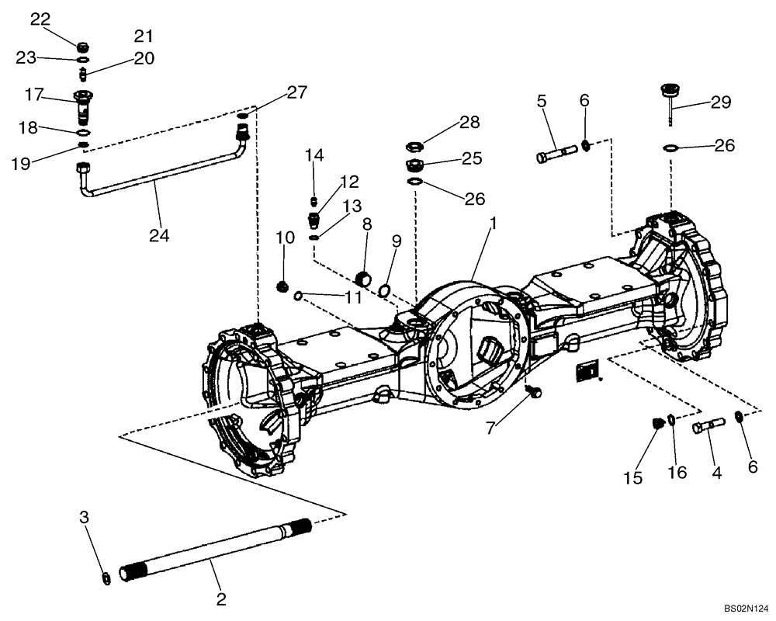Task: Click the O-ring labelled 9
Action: tap(383, 290)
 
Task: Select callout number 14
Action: tap(314, 154)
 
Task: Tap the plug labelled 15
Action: tap(658, 423)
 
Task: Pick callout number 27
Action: tap(296, 92)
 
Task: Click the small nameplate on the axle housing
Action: tap(587, 372)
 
